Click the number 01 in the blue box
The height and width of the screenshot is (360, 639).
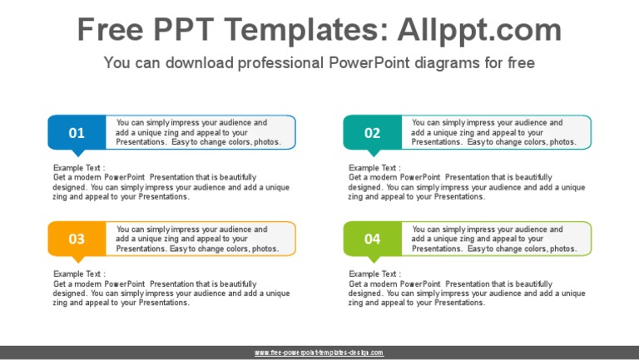pos(77,133)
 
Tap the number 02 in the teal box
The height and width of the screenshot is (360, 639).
pos(372,133)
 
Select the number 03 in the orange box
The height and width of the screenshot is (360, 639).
pos(77,239)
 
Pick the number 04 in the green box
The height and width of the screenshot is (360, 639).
pos(372,239)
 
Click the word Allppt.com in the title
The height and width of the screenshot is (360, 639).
pos(480,31)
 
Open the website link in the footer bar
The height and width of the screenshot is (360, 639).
pos(319,353)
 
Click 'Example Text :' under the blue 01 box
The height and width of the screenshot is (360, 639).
pos(79,168)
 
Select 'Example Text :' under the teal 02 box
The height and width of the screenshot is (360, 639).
pos(374,168)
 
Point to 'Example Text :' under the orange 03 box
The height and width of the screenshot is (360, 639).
pos(79,274)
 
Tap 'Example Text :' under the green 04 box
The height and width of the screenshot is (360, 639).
pos(374,274)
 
